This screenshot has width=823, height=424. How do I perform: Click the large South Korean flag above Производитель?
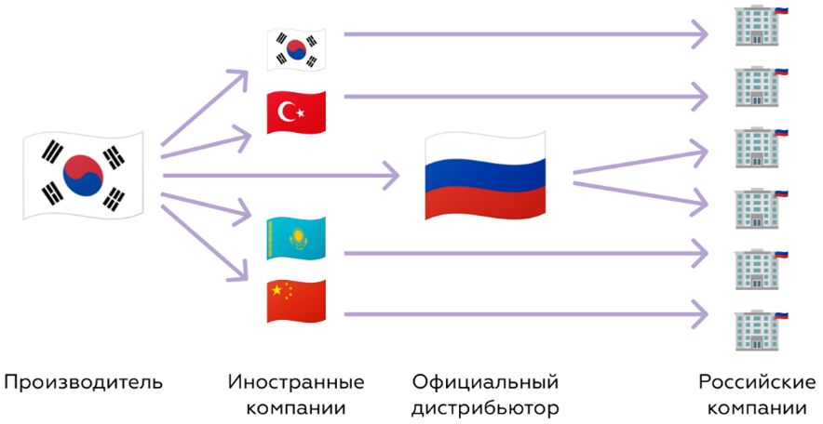coord(83,175)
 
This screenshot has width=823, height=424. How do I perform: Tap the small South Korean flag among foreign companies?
coord(297,50)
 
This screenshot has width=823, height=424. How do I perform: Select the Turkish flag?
coord(297,113)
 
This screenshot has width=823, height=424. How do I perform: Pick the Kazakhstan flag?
coord(297,238)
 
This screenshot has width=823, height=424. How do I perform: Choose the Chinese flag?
coord(297,301)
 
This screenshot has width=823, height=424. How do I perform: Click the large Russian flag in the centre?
coord(485,175)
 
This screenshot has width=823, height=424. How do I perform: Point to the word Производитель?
coord(84,382)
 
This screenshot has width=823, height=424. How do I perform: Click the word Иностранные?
coord(296,382)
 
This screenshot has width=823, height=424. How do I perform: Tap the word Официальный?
coord(485,382)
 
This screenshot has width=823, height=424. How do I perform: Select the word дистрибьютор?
coord(485,408)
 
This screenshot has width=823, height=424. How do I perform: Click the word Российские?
coord(757,382)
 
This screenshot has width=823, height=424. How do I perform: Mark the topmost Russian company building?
coord(760,25)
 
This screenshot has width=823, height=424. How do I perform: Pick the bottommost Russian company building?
coord(760,330)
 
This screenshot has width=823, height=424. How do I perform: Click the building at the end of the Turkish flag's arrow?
coord(760,86)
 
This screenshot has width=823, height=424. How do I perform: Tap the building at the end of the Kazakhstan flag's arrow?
coord(760,270)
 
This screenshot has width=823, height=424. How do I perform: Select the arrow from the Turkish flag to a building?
coord(526,97)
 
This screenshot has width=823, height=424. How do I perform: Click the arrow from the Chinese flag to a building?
coord(526,314)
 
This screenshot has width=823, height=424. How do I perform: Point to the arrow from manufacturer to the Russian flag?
coord(281,175)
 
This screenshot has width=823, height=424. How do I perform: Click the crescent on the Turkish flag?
coord(287,112)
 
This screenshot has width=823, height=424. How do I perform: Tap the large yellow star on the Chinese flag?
coord(277,290)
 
